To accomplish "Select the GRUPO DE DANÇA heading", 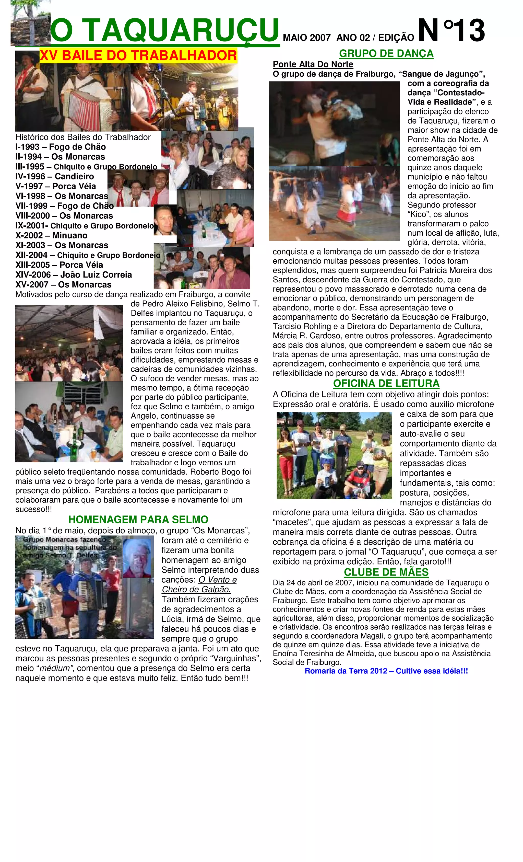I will pos(386,53).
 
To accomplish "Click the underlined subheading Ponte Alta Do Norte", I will pos(313,64).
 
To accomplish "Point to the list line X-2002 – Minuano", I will pos(51,235).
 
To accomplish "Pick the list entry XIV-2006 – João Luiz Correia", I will pos(73,275).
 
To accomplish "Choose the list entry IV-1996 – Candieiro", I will pos(55,176).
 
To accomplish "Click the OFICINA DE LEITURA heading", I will pos(386,383).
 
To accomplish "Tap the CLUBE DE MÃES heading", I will pos(386,572).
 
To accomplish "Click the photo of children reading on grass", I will pos(334,455).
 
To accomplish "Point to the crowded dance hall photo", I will pos(69,343).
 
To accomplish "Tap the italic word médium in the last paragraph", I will pos(55,668).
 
